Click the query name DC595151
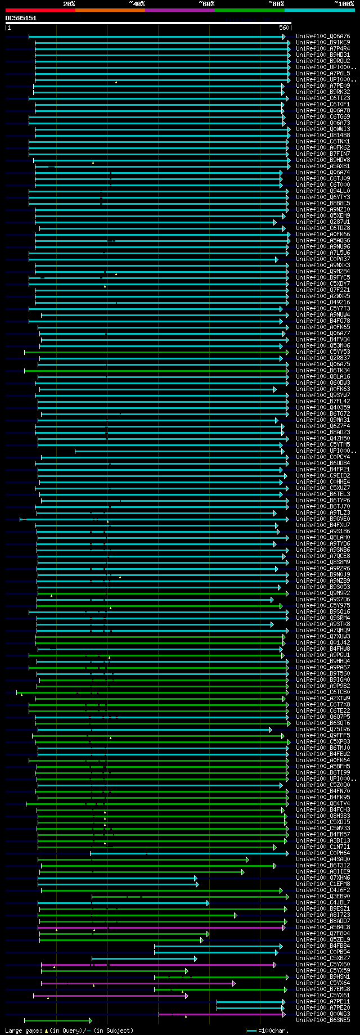pyautogui.click(x=21, y=18)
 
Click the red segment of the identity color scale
pyautogui.click(x=40, y=10)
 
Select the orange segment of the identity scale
pyautogui.click(x=110, y=10)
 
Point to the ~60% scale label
pyautogui.click(x=206, y=4)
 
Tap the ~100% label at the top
pyautogui.click(x=344, y=4)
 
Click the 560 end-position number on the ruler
pyautogui.click(x=283, y=28)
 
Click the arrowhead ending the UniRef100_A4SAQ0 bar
pyautogui.click(x=247, y=859)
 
